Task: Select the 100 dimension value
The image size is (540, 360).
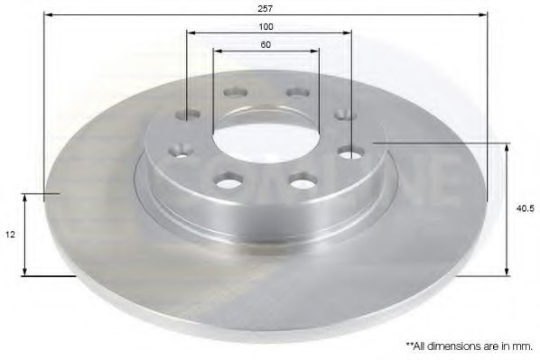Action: click(265, 26)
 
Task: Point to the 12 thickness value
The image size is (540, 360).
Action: click(11, 234)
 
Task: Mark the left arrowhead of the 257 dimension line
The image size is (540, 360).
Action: click(48, 14)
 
